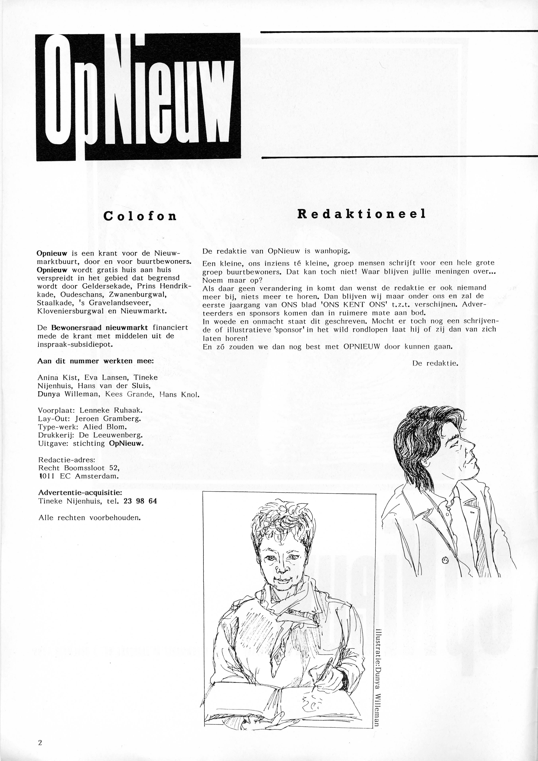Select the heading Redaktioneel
[x=361, y=214]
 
